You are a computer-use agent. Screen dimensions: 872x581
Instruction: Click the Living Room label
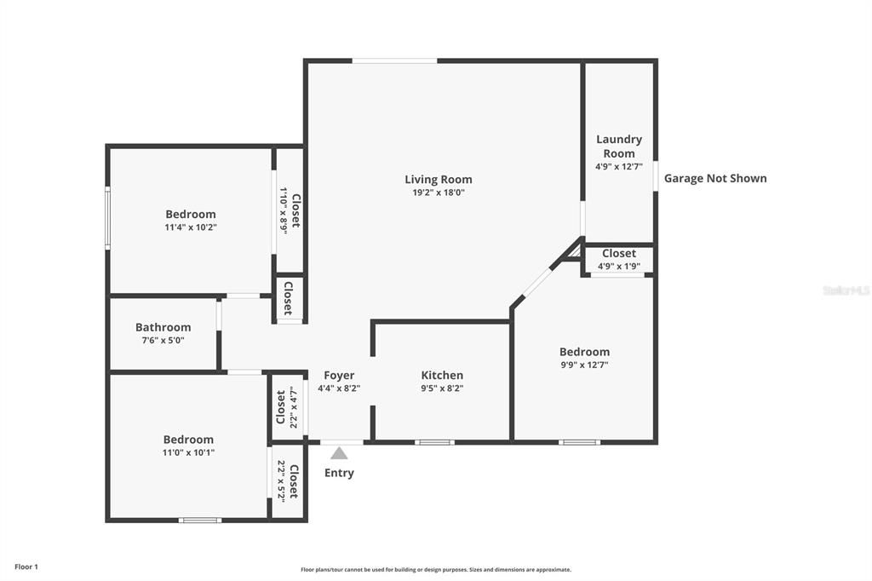point(439,179)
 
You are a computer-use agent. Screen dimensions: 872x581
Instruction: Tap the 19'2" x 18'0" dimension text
point(439,193)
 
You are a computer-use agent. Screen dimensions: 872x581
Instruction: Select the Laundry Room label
point(619,147)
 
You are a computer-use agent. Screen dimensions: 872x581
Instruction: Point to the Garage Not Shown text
point(715,178)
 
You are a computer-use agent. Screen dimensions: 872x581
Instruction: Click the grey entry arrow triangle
point(339,453)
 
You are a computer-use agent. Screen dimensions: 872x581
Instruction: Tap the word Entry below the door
point(339,473)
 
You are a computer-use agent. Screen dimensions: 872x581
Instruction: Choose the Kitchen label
point(442,375)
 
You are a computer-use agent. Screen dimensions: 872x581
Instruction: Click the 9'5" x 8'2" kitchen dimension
point(442,388)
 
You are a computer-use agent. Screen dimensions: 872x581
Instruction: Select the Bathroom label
point(163,327)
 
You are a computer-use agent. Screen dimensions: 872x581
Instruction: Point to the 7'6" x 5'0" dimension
point(163,340)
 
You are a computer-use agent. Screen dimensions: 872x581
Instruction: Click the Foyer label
point(339,375)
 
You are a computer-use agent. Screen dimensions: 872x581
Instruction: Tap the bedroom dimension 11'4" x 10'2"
point(191,227)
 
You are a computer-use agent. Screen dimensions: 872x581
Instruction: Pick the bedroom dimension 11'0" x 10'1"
point(188,452)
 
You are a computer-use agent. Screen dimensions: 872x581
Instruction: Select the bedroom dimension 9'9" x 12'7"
point(584,365)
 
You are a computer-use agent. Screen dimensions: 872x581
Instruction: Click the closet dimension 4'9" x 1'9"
point(619,266)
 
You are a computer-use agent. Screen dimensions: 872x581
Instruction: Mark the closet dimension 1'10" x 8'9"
point(283,210)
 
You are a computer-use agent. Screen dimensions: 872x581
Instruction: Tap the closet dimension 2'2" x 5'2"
point(281,481)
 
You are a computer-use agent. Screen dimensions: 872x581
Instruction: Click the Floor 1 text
point(26,567)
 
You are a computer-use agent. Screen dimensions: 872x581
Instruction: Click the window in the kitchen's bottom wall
point(434,442)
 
